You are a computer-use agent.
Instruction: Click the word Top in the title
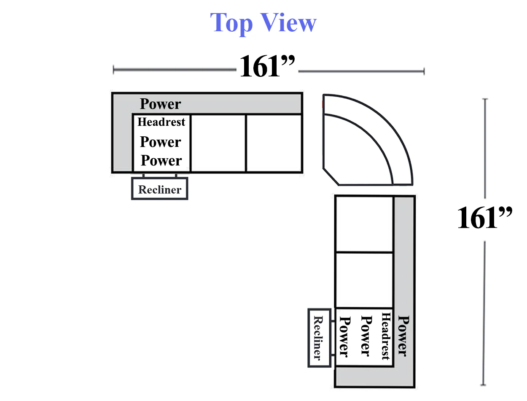(231, 24)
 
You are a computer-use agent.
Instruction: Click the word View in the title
(288, 22)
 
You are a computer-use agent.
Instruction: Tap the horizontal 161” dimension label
(267, 65)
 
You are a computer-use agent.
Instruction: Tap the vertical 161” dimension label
(485, 217)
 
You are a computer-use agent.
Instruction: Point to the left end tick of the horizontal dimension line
(113, 70)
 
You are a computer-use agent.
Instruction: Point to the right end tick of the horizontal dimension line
(424, 71)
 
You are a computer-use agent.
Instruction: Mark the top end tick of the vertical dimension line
(485, 99)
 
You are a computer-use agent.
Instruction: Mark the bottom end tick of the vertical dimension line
(483, 385)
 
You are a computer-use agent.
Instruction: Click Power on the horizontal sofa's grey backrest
(160, 104)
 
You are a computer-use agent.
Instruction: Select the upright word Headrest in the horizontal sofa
(161, 122)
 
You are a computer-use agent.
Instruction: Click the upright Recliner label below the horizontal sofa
(160, 190)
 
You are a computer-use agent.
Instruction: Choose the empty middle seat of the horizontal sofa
(218, 144)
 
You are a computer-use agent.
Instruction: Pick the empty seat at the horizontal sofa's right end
(274, 144)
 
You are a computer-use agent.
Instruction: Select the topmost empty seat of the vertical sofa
(364, 224)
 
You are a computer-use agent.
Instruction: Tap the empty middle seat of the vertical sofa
(364, 280)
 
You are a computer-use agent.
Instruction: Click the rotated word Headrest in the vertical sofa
(386, 336)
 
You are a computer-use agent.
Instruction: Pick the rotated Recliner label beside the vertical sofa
(319, 338)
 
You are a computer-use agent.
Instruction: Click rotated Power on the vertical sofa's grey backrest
(403, 336)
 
